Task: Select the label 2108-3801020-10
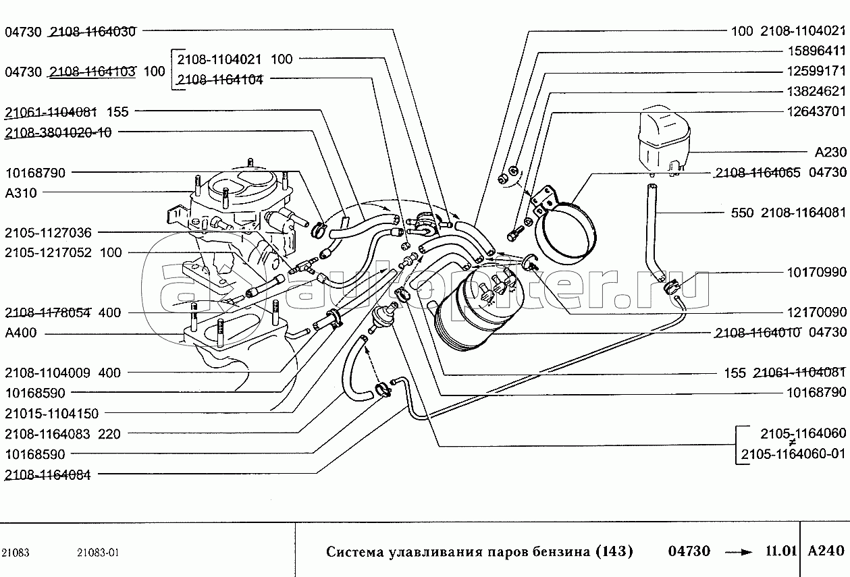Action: tap(58, 132)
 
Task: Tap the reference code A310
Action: tap(21, 192)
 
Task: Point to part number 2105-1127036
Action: tap(47, 233)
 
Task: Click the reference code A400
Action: tap(21, 333)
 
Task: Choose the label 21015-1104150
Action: tap(51, 413)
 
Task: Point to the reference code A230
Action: tap(830, 153)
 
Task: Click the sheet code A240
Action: tap(826, 551)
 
